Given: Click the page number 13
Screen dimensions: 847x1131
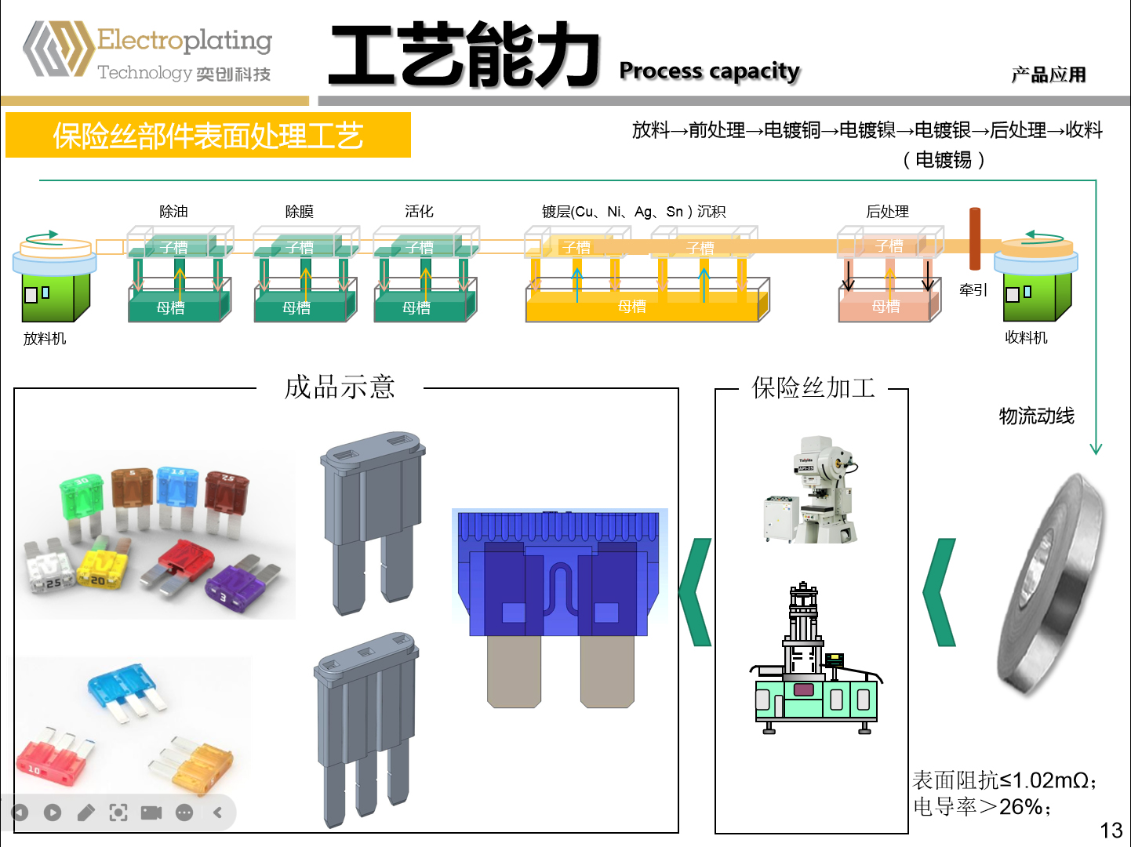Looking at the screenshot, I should pyautogui.click(x=1111, y=831).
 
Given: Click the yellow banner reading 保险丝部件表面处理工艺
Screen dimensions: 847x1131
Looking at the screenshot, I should pyautogui.click(x=208, y=136).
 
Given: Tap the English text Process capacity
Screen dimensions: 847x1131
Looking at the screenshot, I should pyautogui.click(x=709, y=71).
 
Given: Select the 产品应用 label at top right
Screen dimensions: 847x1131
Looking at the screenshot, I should pyautogui.click(x=1048, y=75).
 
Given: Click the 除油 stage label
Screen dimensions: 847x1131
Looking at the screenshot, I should pyautogui.click(x=173, y=212).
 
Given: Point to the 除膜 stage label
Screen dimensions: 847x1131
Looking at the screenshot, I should pyautogui.click(x=299, y=212).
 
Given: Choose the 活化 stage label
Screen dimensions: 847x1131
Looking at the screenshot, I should pyautogui.click(x=419, y=212).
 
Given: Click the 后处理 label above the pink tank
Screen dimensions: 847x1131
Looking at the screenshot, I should pyautogui.click(x=887, y=212).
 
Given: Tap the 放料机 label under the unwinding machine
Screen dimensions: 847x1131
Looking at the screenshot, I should pyautogui.click(x=45, y=339).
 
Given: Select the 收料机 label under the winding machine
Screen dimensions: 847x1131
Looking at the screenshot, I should pyautogui.click(x=1026, y=338).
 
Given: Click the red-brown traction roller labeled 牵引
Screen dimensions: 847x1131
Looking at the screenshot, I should pyautogui.click(x=974, y=238).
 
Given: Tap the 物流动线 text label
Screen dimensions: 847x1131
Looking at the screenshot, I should pyautogui.click(x=1036, y=416).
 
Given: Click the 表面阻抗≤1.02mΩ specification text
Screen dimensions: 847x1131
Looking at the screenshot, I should pyautogui.click(x=1004, y=780).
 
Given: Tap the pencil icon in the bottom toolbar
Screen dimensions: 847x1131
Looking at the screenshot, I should pyautogui.click(x=86, y=812).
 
